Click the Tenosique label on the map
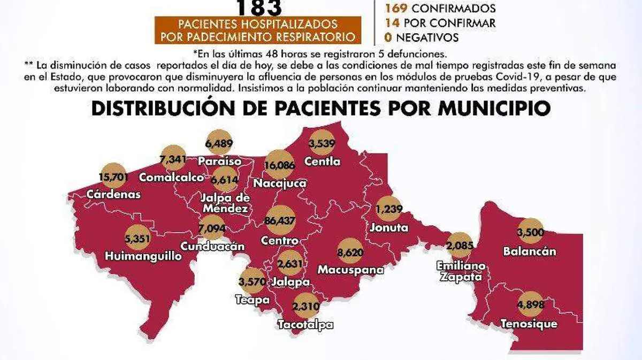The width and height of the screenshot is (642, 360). coord(529,324)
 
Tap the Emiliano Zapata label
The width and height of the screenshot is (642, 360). coord(460,271)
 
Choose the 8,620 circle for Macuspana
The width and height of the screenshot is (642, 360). coord(351,250)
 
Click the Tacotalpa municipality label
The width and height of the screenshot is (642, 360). coord(305,324)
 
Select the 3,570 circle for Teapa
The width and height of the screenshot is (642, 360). coord(254,281)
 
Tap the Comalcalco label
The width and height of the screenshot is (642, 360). coord(171,177)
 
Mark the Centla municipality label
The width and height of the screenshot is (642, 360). coord(322,161)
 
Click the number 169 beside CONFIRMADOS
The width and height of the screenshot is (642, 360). coord(395,9)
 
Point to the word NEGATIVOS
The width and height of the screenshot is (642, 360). coord(427,37)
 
